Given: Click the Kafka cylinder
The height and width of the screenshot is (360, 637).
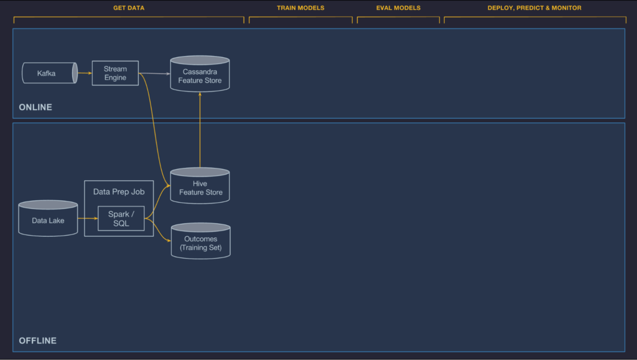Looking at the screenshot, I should coord(49,73).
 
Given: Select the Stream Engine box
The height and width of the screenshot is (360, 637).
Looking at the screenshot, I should coord(115,73).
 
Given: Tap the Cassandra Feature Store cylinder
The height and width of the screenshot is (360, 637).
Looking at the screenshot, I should coord(200,76).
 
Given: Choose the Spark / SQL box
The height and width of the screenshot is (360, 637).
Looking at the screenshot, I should coord(121,218).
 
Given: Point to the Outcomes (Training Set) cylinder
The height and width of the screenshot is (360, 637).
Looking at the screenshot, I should coord(200,243).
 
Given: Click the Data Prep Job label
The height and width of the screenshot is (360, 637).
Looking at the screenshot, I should coord(118,192).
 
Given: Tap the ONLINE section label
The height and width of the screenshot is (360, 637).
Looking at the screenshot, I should coord(35,107).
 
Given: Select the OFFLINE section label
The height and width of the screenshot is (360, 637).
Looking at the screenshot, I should coord(37,341).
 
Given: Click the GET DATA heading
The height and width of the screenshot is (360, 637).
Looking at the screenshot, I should coord(129,8).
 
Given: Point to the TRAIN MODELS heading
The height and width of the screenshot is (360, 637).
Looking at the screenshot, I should coord(300,8).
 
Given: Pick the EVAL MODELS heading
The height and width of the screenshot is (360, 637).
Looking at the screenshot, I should coord(398,8).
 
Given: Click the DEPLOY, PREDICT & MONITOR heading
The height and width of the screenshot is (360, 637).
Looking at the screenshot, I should coord(534,8).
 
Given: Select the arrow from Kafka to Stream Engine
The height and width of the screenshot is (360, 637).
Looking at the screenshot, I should coord(85,73).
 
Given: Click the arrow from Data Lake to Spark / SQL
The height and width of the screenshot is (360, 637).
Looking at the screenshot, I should coord(88,218).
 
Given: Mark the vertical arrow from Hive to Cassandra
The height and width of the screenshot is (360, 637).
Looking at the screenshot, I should coord(200,131).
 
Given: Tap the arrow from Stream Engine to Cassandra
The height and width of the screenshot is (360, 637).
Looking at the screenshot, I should coord(154,73).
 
